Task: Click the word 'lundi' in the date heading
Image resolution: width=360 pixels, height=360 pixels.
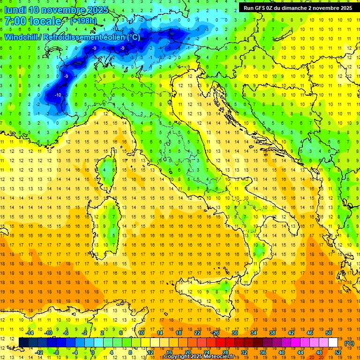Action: pyautogui.click(x=15, y=10)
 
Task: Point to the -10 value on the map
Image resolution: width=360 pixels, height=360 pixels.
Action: pyautogui.click(x=58, y=95)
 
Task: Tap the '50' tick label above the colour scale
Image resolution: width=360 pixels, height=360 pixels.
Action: pyautogui.click(x=329, y=333)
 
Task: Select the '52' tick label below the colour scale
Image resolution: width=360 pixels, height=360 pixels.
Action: pyautogui.click(x=338, y=352)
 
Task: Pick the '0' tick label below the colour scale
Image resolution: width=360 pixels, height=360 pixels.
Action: pyautogui.click(x=93, y=352)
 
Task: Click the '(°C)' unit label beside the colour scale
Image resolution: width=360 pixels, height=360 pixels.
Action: pyautogui.click(x=349, y=343)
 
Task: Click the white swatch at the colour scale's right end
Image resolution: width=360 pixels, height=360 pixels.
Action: pyautogui.click(x=333, y=343)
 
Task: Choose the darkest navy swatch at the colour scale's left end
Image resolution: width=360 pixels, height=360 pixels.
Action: pyautogui.click(x=23, y=343)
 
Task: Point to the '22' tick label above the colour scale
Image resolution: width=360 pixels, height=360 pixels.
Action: pyautogui.click(x=197, y=333)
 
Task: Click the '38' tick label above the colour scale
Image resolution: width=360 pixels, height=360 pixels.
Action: pyautogui.click(x=272, y=333)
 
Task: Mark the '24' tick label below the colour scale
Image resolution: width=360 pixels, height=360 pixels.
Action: pyautogui.click(x=207, y=352)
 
